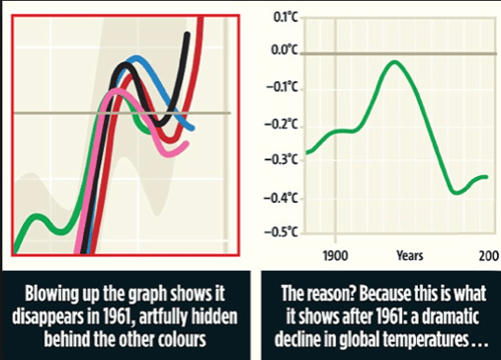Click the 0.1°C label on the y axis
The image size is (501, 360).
pos(286,17)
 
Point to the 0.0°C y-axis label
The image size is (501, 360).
pos(285,50)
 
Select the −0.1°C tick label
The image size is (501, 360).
pos(282,88)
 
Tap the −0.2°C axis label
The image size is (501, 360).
pos(281,125)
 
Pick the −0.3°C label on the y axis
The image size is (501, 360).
pos(281,159)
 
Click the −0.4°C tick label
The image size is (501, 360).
pos(281,198)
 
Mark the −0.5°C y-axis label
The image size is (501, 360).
pos(281,232)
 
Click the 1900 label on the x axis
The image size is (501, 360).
pos(335,256)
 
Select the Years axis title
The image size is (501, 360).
pos(410,255)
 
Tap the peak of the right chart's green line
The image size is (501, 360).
pos(394,61)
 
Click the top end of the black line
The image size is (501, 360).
pos(187,34)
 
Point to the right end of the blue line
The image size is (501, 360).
pos(193,129)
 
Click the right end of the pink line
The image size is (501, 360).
pos(186,143)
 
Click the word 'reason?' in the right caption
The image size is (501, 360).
pos(331,294)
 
